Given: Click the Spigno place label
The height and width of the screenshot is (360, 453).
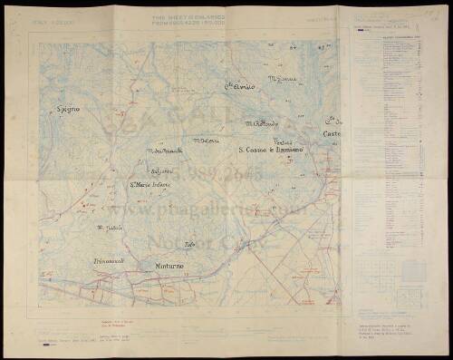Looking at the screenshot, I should coord(67,109).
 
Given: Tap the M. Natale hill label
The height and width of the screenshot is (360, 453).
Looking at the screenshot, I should coord(110,228).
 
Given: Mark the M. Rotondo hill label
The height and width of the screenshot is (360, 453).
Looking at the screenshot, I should coord(261,123).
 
